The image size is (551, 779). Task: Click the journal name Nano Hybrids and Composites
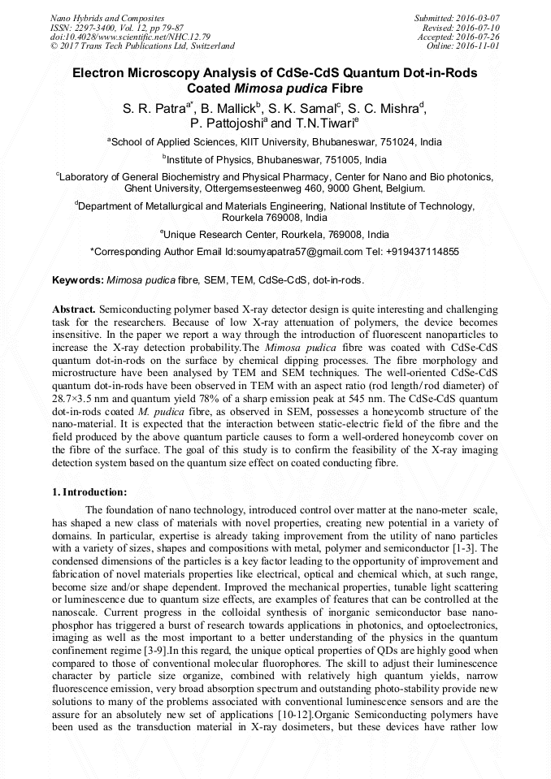coord(107,18)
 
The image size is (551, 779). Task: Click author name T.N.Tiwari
coord(323,123)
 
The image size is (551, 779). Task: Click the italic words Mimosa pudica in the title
coord(274,89)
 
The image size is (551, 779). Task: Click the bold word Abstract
coord(74,310)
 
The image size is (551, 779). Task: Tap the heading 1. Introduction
coord(89,491)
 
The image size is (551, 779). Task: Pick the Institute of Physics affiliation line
coord(275,159)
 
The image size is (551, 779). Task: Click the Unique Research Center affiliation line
coord(275,234)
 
